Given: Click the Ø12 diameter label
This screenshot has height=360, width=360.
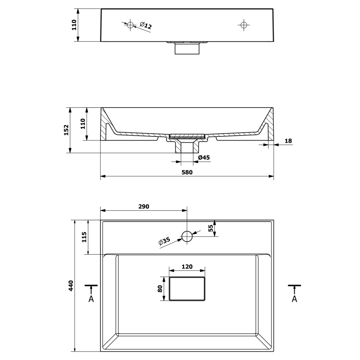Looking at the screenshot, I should click(x=146, y=26).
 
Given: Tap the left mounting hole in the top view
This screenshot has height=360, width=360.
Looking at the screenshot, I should click(x=130, y=24).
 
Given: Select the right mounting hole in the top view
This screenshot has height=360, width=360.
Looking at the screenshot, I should click(x=244, y=24).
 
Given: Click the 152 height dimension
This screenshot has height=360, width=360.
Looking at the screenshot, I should click(x=66, y=130).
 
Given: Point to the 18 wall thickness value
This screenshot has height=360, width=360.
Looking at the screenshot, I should click(x=288, y=141).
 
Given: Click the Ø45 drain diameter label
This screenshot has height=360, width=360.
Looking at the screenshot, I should click(x=204, y=157).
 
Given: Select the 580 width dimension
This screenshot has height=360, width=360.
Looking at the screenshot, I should click(x=187, y=172).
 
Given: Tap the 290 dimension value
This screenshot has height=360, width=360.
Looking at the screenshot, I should click(x=143, y=207).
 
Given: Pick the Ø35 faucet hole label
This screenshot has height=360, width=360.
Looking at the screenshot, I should click(x=164, y=242).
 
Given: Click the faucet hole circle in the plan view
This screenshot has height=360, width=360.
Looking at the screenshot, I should click(x=187, y=237).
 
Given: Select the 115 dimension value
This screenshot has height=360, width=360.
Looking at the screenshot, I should click(x=84, y=238).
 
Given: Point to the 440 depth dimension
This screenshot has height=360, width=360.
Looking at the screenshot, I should click(x=71, y=285).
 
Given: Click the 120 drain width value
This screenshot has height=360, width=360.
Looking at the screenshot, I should click(x=187, y=267).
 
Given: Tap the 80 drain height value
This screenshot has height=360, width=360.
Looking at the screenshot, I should click(x=159, y=289).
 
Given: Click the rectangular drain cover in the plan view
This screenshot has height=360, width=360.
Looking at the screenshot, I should click(x=187, y=289).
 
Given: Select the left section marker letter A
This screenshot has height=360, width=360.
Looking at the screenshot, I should click(x=91, y=299).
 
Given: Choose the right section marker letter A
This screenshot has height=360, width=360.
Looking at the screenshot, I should click(x=294, y=299).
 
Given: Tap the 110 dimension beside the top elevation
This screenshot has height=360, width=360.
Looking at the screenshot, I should click(x=75, y=25).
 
